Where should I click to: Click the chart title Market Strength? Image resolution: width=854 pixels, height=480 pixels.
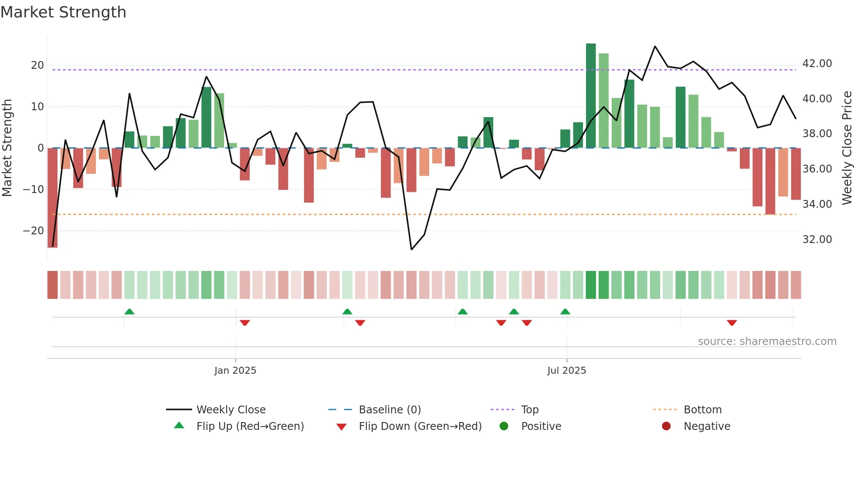tap(63, 12)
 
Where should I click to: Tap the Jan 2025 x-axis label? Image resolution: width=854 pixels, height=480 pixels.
tap(235, 371)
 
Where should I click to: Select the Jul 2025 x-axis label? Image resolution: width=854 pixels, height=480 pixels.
tap(566, 371)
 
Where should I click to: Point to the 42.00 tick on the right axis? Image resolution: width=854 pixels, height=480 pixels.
tap(817, 64)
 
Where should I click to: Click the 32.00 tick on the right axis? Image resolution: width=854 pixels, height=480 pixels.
tap(817, 240)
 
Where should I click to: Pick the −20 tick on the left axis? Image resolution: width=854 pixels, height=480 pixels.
tap(34, 231)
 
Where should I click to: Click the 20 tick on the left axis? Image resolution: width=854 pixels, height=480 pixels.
tap(37, 65)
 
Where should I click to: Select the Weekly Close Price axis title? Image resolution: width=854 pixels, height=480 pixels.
tap(847, 148)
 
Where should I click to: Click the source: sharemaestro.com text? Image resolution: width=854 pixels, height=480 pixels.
tap(767, 341)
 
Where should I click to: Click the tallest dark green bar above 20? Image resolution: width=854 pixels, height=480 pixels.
tap(591, 96)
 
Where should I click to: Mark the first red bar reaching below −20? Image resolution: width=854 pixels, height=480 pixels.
tap(53, 198)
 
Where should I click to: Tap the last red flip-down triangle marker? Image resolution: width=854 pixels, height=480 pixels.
tap(732, 323)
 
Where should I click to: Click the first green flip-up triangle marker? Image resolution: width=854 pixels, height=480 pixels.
tap(129, 311)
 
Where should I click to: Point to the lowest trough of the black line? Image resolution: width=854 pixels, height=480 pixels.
tap(411, 249)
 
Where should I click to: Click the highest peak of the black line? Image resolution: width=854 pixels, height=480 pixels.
tap(655, 46)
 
